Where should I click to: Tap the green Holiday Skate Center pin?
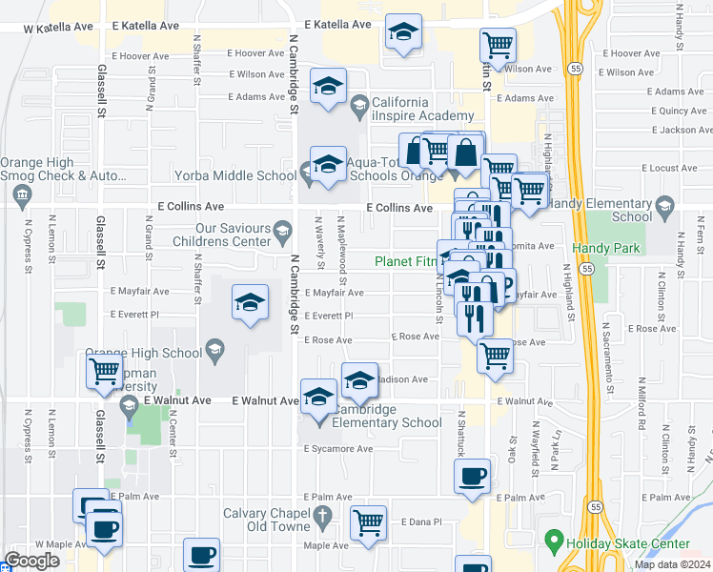553,543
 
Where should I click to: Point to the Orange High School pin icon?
214,351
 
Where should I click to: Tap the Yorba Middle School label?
235,175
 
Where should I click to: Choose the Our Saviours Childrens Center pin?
282,230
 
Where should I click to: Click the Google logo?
31,561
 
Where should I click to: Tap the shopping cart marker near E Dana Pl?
368,522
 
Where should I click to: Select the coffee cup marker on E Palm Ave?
473,478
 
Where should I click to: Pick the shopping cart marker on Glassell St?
105,371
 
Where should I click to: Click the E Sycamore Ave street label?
338,448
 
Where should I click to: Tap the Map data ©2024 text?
673,564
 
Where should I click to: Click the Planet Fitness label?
405,261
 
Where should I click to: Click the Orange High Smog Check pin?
23,195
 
